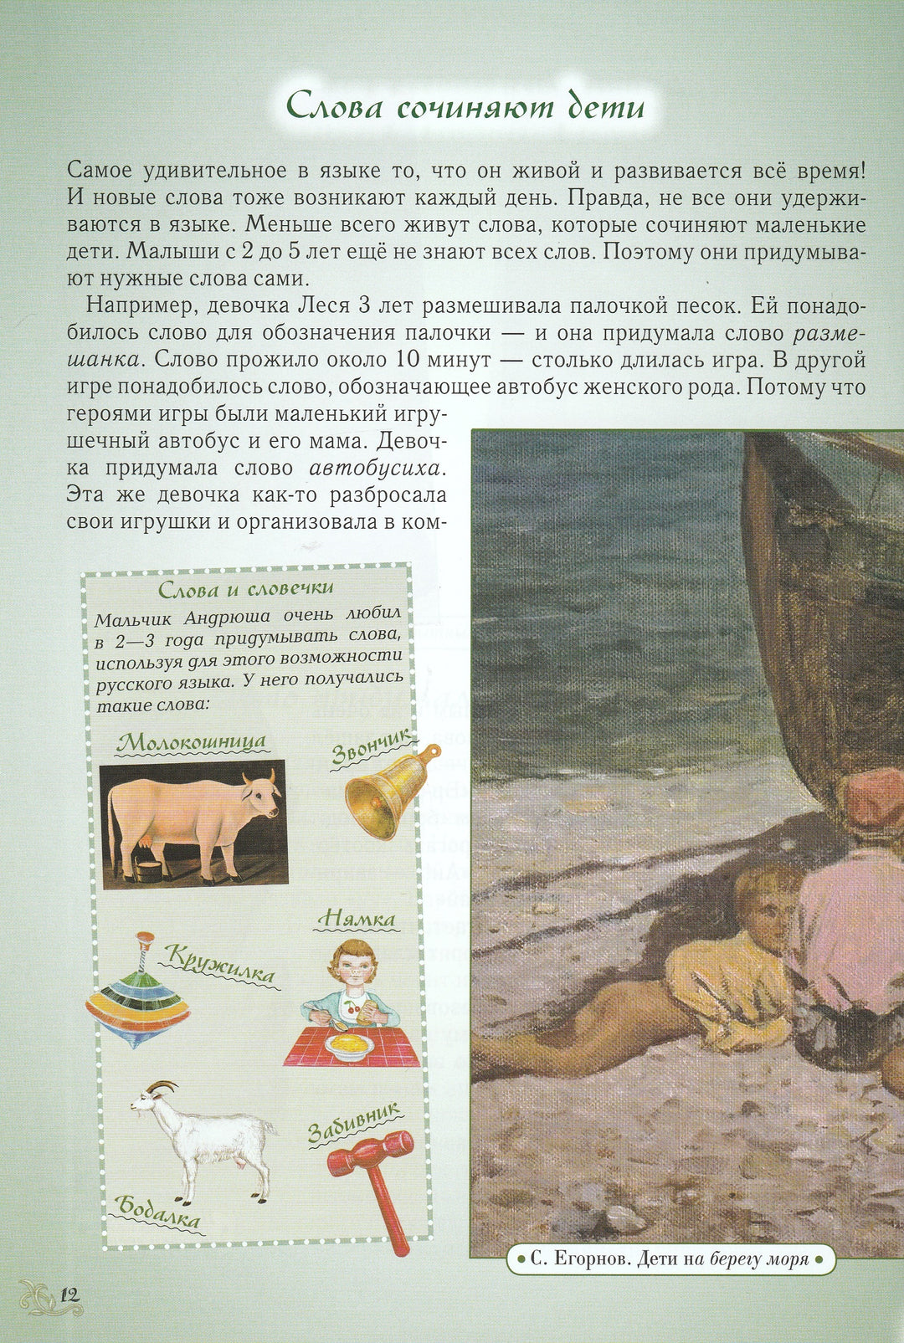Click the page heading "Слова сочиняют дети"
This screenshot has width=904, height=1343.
click(x=465, y=107)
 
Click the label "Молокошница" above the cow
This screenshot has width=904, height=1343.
click(x=192, y=741)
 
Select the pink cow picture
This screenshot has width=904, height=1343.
click(x=194, y=823)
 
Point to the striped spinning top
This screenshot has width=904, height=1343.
click(x=137, y=997)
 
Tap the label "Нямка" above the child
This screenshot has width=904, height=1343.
click(x=357, y=919)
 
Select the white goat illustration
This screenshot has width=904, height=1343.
click(x=205, y=1140)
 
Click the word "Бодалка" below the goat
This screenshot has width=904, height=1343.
click(x=158, y=1212)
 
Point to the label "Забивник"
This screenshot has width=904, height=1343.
click(x=354, y=1121)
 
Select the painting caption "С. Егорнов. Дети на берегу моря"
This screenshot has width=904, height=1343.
click(x=670, y=1258)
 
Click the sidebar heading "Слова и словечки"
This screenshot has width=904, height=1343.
click(x=246, y=589)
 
